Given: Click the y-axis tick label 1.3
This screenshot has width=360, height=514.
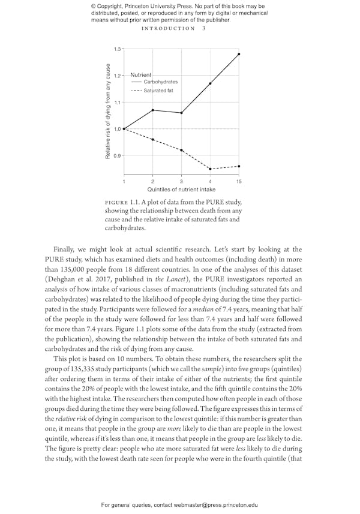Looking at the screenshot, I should tap(116, 49).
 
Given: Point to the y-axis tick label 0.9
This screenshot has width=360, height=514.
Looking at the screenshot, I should tap(116, 156).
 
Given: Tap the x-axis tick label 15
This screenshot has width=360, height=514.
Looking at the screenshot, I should tap(239, 181).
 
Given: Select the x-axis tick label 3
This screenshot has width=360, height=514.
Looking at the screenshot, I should tap(182, 181).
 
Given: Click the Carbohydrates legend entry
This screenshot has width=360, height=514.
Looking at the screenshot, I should tap(160, 82).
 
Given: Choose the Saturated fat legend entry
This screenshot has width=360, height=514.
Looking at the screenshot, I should tap(158, 91).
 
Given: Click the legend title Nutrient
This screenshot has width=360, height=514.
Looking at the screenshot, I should tap(140, 74).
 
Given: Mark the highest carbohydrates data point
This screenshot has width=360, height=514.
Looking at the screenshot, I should tap(239, 54).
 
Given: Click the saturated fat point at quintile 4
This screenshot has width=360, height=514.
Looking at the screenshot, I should tap(210, 169).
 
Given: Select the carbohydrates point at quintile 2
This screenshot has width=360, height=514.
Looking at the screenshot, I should tap(153, 110).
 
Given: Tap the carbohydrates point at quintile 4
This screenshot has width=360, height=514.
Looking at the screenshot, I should tap(210, 83).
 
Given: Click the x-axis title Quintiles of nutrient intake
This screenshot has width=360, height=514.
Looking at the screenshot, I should tap(181, 190).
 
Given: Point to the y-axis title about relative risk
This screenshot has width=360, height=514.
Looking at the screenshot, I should tap(108, 111).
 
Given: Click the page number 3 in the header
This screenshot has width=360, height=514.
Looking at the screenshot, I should tap(204, 28).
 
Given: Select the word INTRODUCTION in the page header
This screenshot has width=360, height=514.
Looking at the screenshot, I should tap(168, 28).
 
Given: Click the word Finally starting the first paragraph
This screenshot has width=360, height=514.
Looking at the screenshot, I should tap(66, 249).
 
